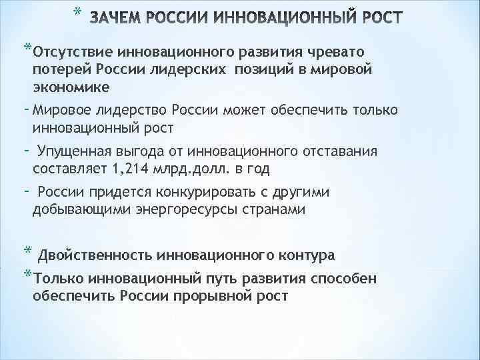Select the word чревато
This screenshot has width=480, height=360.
point(339,53)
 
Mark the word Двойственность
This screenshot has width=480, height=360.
point(96,255)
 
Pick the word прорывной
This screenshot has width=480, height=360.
point(214,295)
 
